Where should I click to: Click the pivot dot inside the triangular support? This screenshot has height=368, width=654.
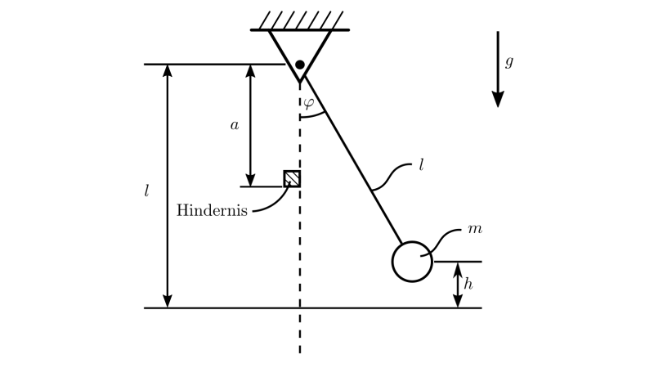point(300,65)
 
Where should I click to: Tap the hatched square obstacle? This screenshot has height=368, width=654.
point(292,178)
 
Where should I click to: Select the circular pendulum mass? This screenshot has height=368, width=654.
point(412,262)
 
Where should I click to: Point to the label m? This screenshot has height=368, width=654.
point(474,228)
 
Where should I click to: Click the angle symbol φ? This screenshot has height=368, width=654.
point(308,103)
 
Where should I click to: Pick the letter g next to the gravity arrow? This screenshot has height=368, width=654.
point(508,61)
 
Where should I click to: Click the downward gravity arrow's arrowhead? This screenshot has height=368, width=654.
point(498,99)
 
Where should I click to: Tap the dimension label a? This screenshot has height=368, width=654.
point(235,125)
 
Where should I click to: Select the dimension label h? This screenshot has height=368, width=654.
point(468,285)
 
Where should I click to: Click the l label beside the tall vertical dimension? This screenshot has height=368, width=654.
point(146,192)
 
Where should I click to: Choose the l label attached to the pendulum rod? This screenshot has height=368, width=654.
point(421,164)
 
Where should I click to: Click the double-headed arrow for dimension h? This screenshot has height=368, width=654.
point(458,285)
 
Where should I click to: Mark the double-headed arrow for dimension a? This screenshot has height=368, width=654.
point(251,125)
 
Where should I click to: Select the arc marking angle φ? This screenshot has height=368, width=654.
point(315,115)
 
